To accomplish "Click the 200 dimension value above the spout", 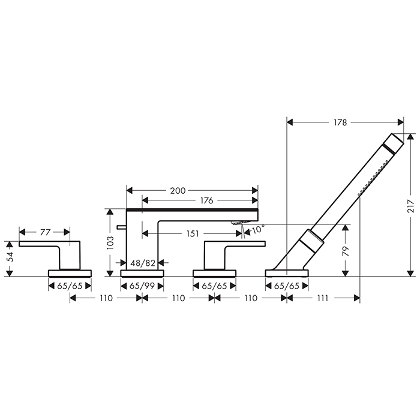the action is pyautogui.click(x=178, y=191).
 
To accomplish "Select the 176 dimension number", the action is pyautogui.click(x=206, y=200).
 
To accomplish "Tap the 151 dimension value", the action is pyautogui.click(x=193, y=233).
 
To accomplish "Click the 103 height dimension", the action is pyautogui.click(x=110, y=242).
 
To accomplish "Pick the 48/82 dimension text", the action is pyautogui.click(x=143, y=263).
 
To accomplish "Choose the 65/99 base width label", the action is pyautogui.click(x=142, y=286).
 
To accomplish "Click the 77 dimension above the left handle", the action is pyautogui.click(x=45, y=232).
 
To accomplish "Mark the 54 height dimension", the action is pyautogui.click(x=10, y=257).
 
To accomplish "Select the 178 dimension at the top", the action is pyautogui.click(x=340, y=122).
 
